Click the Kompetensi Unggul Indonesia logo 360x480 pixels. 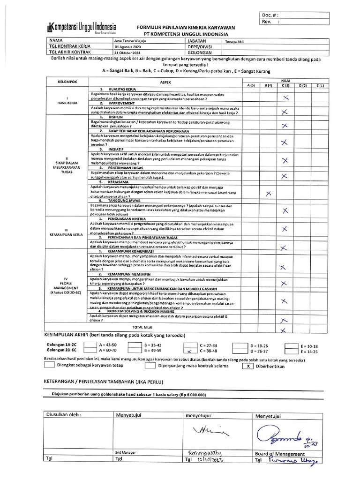pyautogui.click(x=82, y=28)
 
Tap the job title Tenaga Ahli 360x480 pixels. pyautogui.click(x=235, y=41)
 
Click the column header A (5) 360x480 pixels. pyautogui.click(x=251, y=86)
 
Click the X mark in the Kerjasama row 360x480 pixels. pyautogui.click(x=268, y=194)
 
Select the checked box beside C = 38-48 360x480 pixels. pyautogui.click(x=189, y=351)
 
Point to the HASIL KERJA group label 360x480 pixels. pyautogui.click(x=67, y=102)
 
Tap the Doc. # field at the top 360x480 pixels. pyautogui.click(x=294, y=15)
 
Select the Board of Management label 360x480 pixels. pyautogui.click(x=280, y=454)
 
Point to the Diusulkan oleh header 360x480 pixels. pyautogui.click(x=64, y=415)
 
